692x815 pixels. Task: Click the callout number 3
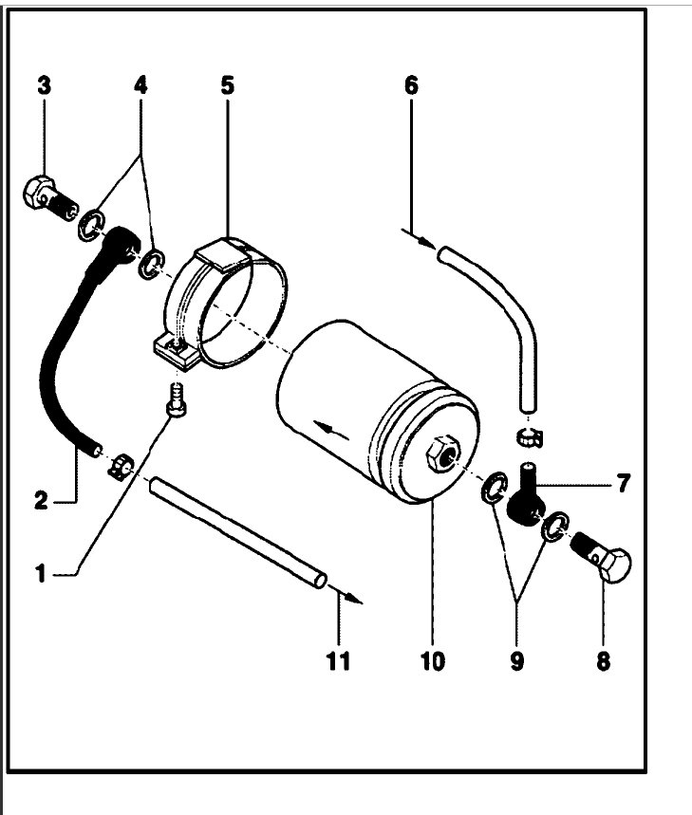45,84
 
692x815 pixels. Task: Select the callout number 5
227,84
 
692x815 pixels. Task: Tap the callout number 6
410,84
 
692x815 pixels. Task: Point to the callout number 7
622,484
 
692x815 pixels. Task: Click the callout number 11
338,659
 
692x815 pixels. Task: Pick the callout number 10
432,659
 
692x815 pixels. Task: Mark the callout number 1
41,573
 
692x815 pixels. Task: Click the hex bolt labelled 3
43,195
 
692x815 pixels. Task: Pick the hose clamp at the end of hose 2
121,465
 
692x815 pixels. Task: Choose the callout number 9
516,659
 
